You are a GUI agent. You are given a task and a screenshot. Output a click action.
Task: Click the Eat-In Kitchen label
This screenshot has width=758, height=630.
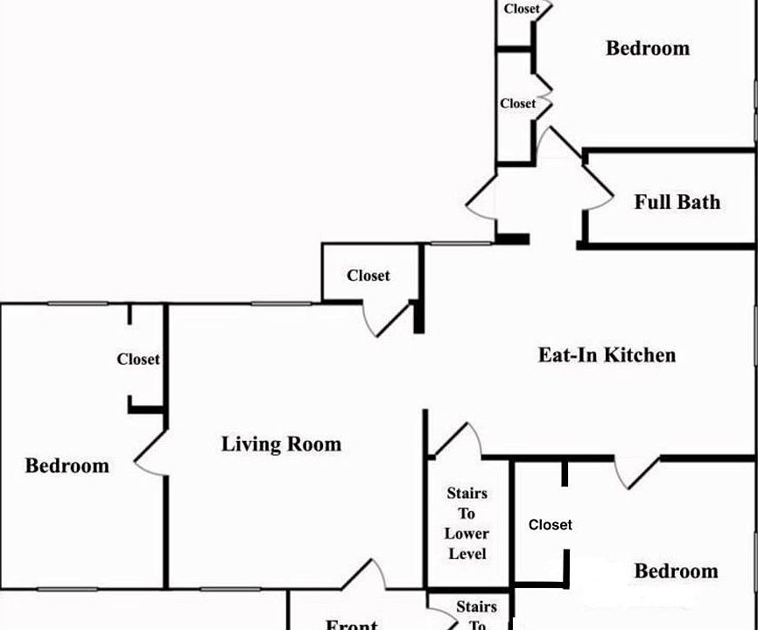pyautogui.click(x=606, y=355)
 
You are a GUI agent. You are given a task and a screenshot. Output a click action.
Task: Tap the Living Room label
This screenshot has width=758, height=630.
pyautogui.click(x=281, y=444)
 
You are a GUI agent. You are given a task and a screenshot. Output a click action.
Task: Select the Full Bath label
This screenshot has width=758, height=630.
pyautogui.click(x=677, y=202)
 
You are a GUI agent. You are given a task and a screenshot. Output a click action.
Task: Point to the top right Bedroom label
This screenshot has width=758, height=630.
pyautogui.click(x=647, y=48)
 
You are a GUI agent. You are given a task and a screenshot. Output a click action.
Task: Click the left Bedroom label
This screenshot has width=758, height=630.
pyautogui.click(x=67, y=465)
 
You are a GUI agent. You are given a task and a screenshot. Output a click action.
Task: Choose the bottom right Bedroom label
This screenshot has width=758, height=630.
pyautogui.click(x=676, y=571)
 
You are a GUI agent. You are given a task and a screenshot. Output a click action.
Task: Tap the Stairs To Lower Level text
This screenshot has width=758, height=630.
pyautogui.click(x=467, y=523)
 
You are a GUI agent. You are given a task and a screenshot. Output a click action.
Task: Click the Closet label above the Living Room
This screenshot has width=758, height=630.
pyautogui.click(x=368, y=276)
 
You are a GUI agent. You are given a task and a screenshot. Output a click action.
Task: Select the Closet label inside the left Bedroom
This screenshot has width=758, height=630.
pyautogui.click(x=138, y=359)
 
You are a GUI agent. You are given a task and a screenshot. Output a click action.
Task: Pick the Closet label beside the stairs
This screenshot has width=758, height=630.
pyautogui.click(x=550, y=525)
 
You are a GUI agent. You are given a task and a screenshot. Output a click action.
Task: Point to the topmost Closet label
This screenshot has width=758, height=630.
pyautogui.click(x=522, y=10)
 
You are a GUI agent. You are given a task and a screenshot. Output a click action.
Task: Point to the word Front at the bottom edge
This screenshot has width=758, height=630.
pyautogui.click(x=351, y=624)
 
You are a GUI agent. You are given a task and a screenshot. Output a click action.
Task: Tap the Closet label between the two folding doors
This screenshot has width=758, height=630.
pyautogui.click(x=517, y=103)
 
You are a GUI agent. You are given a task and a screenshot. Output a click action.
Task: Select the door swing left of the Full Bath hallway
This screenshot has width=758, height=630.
pyautogui.click(x=482, y=199)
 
